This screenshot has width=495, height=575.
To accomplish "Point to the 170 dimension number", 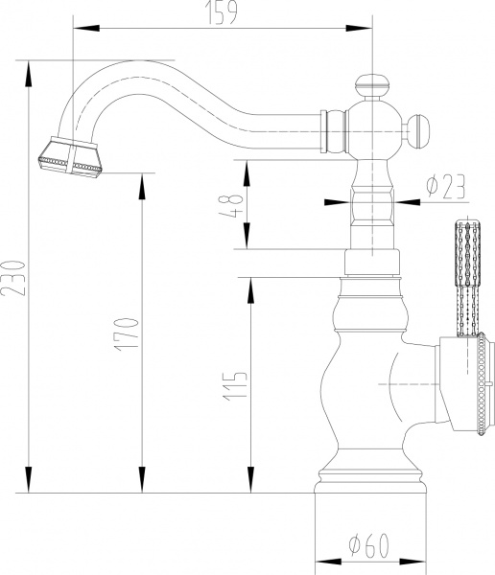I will coord(130,331).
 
